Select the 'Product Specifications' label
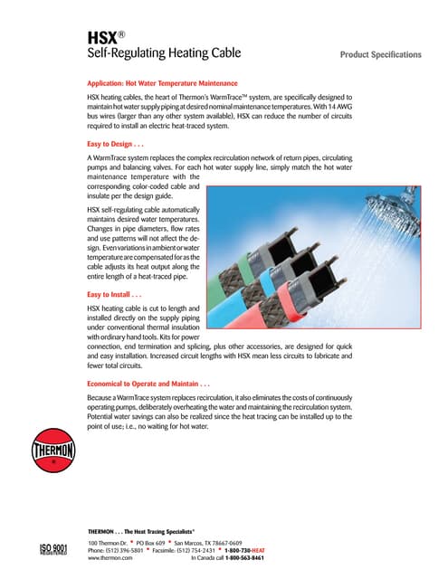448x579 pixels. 380,54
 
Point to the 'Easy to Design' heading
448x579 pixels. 117,144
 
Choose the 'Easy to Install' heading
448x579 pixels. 115,294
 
